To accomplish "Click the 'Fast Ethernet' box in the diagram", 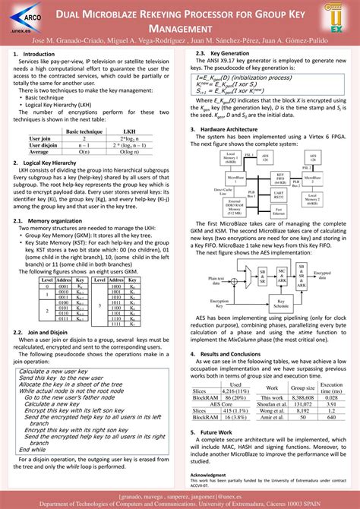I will pyautogui.click(x=279, y=211).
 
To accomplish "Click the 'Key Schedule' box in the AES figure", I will pyautogui.click(x=279, y=300).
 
